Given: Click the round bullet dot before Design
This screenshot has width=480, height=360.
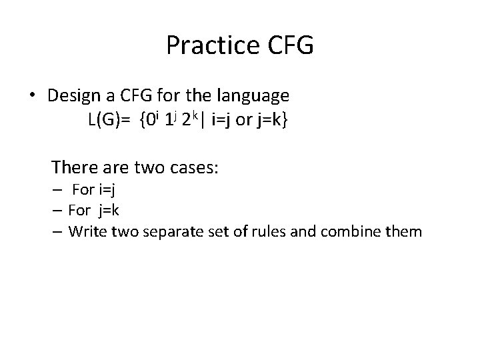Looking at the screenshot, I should tap(33, 96).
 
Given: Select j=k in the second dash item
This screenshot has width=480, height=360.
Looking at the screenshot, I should tap(107, 211).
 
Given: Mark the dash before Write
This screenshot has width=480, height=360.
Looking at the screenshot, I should tap(58, 232).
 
